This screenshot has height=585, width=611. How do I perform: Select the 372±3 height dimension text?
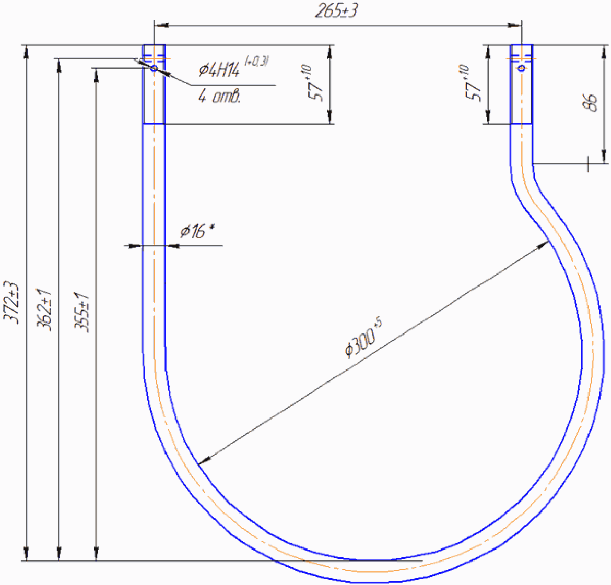[12, 302]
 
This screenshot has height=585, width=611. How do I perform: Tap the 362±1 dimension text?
[44, 310]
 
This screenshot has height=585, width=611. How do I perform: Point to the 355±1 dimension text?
[82, 312]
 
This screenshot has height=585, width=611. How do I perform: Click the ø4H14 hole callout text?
[234, 67]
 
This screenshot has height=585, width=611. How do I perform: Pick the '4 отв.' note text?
[219, 96]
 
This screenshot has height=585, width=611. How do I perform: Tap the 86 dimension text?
[589, 102]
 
